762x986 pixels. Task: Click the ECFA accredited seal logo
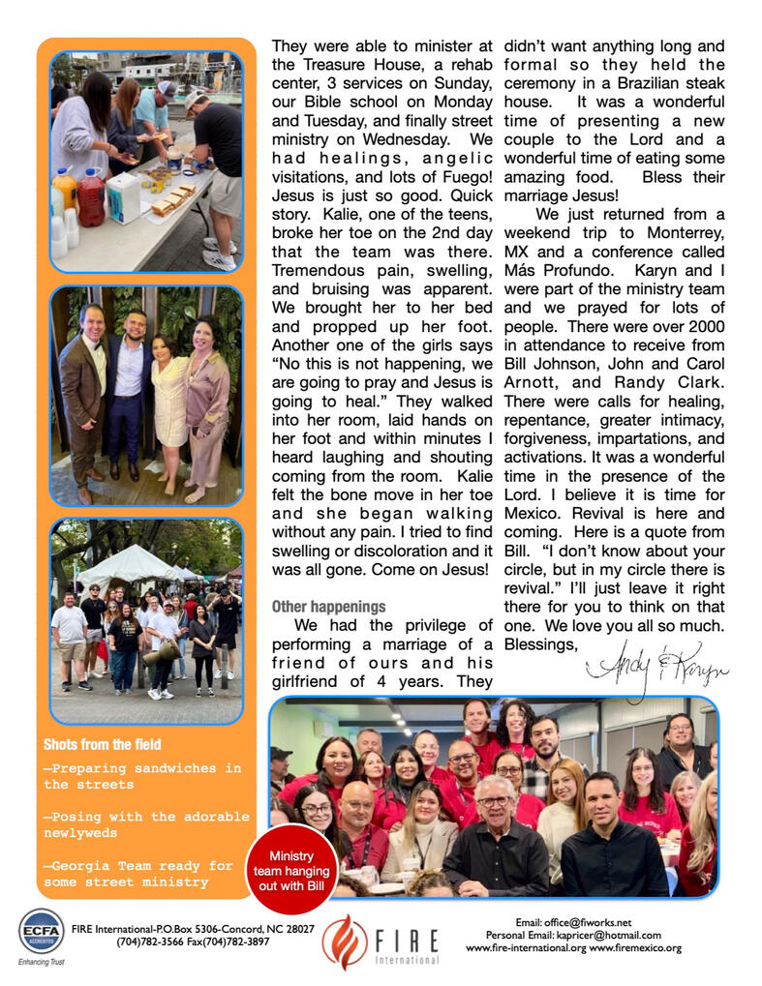click(42, 931)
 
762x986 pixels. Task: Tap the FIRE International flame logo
click(346, 941)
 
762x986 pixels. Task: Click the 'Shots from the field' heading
click(102, 744)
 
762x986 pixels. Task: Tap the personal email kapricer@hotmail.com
click(607, 936)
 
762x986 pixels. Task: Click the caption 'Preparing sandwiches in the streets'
click(142, 776)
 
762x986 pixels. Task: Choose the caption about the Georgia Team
click(138, 874)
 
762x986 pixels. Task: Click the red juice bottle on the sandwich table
click(91, 196)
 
